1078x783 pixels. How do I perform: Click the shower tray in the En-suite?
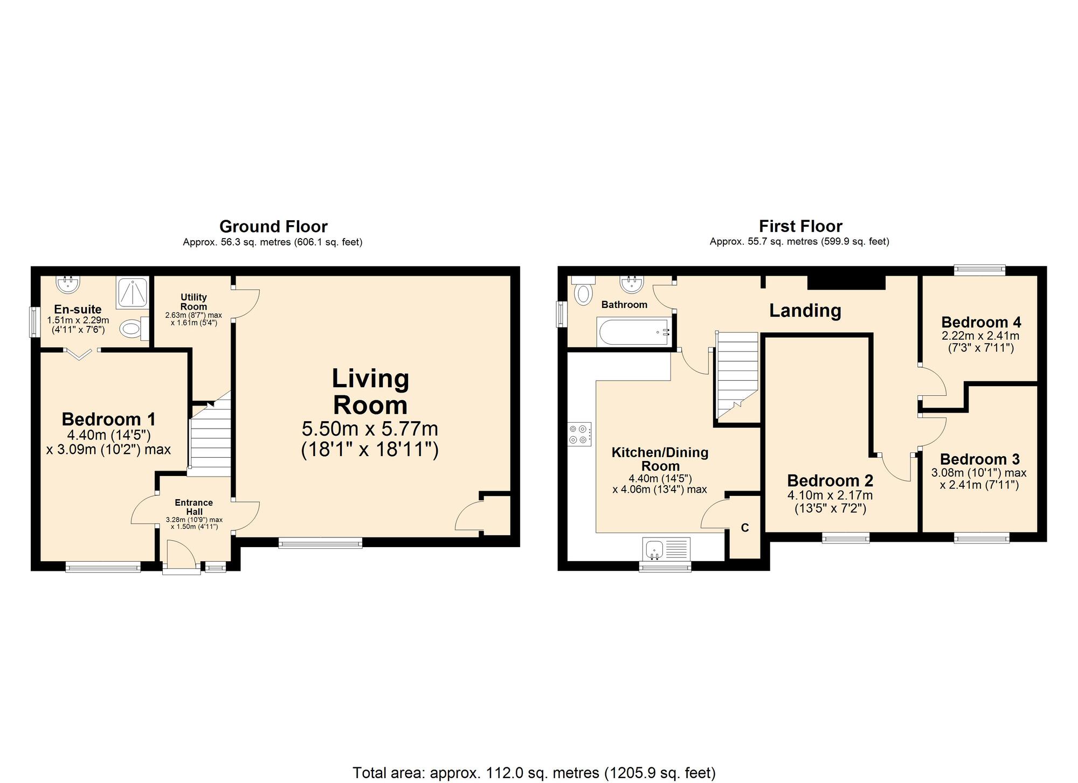click(x=132, y=292)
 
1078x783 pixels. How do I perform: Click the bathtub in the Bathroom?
click(x=633, y=332)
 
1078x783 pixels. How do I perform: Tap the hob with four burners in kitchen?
click(x=579, y=434)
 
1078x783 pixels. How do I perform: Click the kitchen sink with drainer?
click(x=667, y=549)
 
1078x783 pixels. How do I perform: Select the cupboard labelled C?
click(x=745, y=528)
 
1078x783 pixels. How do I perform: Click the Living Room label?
click(x=370, y=391)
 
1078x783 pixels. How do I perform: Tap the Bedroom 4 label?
click(x=981, y=322)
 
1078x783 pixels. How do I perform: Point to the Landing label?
click(x=805, y=310)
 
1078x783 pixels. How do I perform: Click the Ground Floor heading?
click(x=273, y=226)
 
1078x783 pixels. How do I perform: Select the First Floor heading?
click(x=800, y=226)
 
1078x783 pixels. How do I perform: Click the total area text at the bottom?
click(x=534, y=773)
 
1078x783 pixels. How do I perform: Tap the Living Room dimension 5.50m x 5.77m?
click(x=370, y=429)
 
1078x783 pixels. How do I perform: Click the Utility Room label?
click(x=194, y=302)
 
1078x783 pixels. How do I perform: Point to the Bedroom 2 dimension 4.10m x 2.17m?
click(x=830, y=495)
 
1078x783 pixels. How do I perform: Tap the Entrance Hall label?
click(x=194, y=507)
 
